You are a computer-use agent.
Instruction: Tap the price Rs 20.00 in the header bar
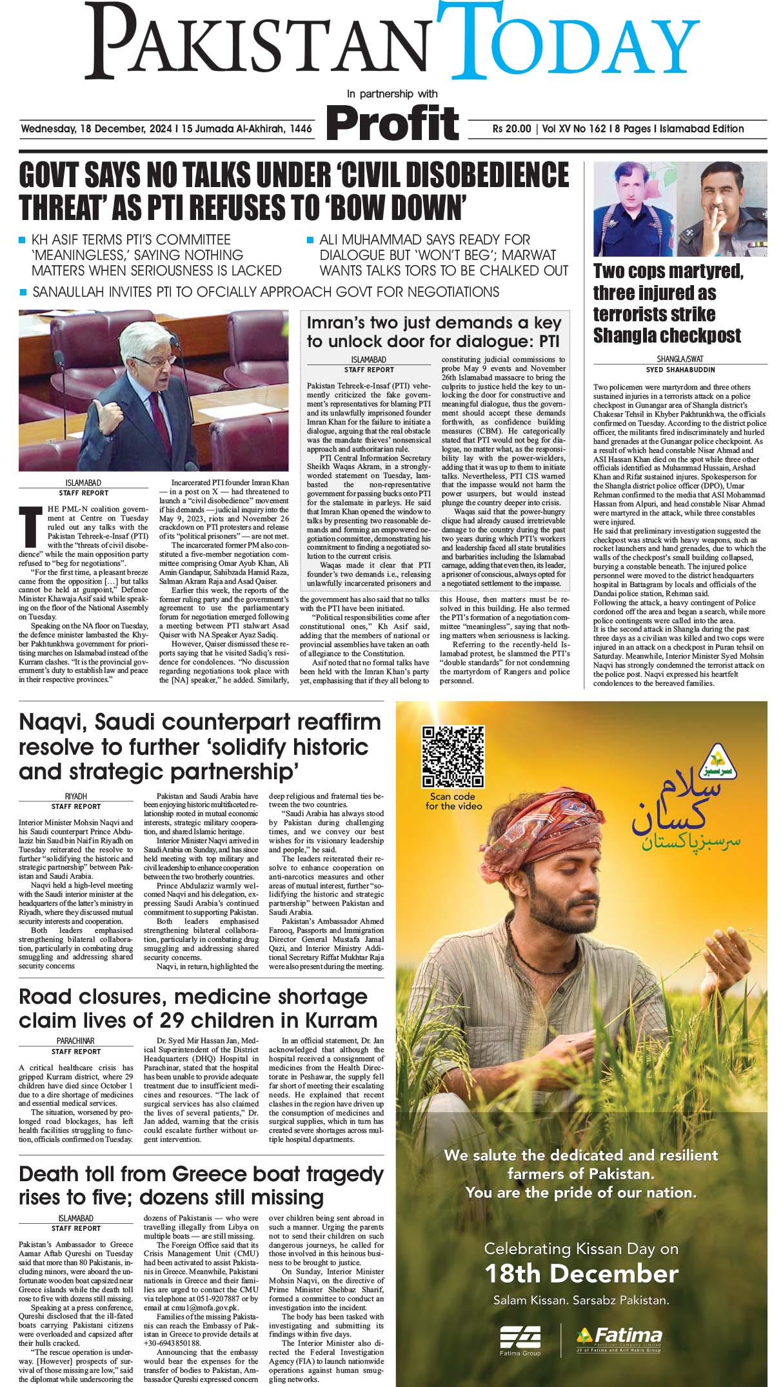[511, 129]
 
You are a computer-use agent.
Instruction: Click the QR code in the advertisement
[453, 757]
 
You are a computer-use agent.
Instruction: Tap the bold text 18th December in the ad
[581, 1274]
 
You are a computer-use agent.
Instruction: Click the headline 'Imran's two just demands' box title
[434, 332]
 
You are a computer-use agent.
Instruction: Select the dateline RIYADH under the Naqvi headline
[76, 797]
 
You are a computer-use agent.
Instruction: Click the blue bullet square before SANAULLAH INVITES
[23, 292]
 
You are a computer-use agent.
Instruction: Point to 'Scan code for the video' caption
[453, 801]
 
